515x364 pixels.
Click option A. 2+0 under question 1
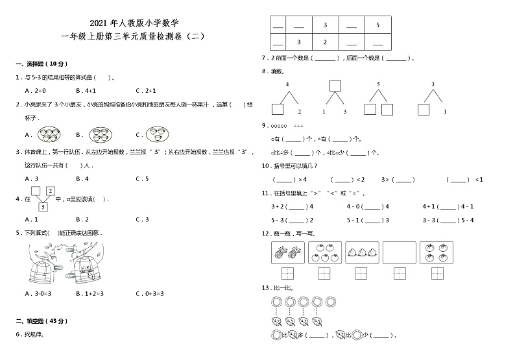(x=34, y=90)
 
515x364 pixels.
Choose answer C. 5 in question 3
(x=142, y=178)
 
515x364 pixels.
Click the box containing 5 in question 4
(x=43, y=206)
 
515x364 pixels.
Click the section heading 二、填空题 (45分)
(x=41, y=321)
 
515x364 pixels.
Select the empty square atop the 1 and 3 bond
(x=335, y=86)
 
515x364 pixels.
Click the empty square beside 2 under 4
(x=277, y=109)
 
